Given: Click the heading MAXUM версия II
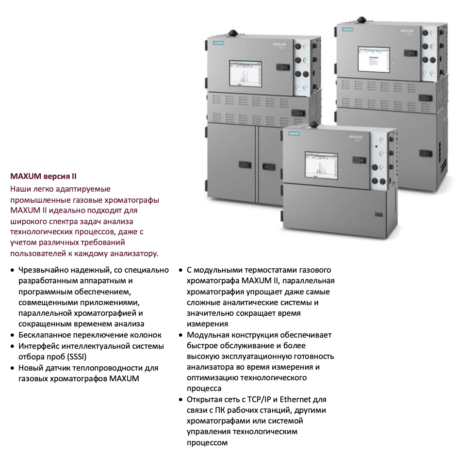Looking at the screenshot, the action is [x=43, y=177].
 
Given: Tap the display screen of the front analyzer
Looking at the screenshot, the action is [x=321, y=165].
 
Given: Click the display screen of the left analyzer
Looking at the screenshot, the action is [x=245, y=74].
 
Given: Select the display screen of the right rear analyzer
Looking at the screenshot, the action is [x=374, y=59].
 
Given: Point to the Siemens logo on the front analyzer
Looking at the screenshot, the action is [x=294, y=134].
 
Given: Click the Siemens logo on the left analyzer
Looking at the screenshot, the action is [x=218, y=43].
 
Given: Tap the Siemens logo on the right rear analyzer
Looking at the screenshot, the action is [x=347, y=30].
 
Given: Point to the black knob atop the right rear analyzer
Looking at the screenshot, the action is [x=361, y=20].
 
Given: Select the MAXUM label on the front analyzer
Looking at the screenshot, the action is [x=356, y=137].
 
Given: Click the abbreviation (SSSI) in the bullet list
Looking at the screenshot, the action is [x=77, y=357].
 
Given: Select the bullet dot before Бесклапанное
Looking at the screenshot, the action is [x=12, y=336].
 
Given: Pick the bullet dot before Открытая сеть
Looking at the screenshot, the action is [x=180, y=400].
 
